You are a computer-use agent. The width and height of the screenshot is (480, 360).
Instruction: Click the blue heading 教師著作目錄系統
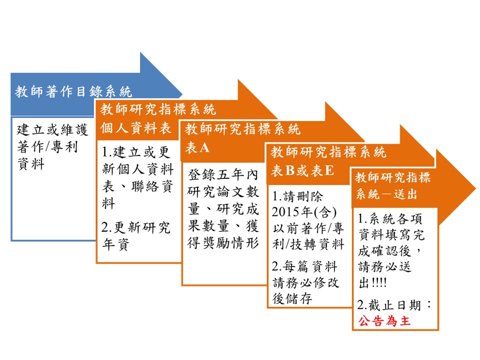[x=73, y=91]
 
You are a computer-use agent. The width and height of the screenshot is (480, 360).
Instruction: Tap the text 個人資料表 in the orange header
[x=135, y=128]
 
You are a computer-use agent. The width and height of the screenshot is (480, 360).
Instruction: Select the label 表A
[x=197, y=147]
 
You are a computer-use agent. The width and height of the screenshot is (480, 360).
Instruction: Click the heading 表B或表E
[x=302, y=170]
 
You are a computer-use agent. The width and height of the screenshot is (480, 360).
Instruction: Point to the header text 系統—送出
[x=386, y=194]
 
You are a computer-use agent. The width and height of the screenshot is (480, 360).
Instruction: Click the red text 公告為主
[x=384, y=321]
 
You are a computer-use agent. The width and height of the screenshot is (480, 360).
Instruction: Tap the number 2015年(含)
[x=304, y=212]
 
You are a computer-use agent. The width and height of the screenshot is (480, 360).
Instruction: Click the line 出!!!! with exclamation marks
[x=372, y=282]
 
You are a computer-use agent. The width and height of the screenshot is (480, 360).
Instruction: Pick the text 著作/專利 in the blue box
[x=47, y=146]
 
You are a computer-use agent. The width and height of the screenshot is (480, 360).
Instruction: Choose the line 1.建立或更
[x=135, y=152]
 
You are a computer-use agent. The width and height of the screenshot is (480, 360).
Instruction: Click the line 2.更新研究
[x=135, y=227]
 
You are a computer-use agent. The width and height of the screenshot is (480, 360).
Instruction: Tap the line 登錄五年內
[x=223, y=175]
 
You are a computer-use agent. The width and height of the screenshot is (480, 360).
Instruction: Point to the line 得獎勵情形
[x=223, y=243]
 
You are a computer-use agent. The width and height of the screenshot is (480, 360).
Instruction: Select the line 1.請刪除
[x=297, y=196]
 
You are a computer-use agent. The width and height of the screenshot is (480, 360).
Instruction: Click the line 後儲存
[x=292, y=298]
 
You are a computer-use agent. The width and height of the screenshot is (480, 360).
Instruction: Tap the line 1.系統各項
[x=390, y=218]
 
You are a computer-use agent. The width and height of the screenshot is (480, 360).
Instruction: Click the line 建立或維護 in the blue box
[x=52, y=129]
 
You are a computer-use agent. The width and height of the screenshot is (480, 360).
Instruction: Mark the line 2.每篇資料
[x=304, y=266]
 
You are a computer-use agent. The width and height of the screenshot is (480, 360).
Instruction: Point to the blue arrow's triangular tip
[x=182, y=94]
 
